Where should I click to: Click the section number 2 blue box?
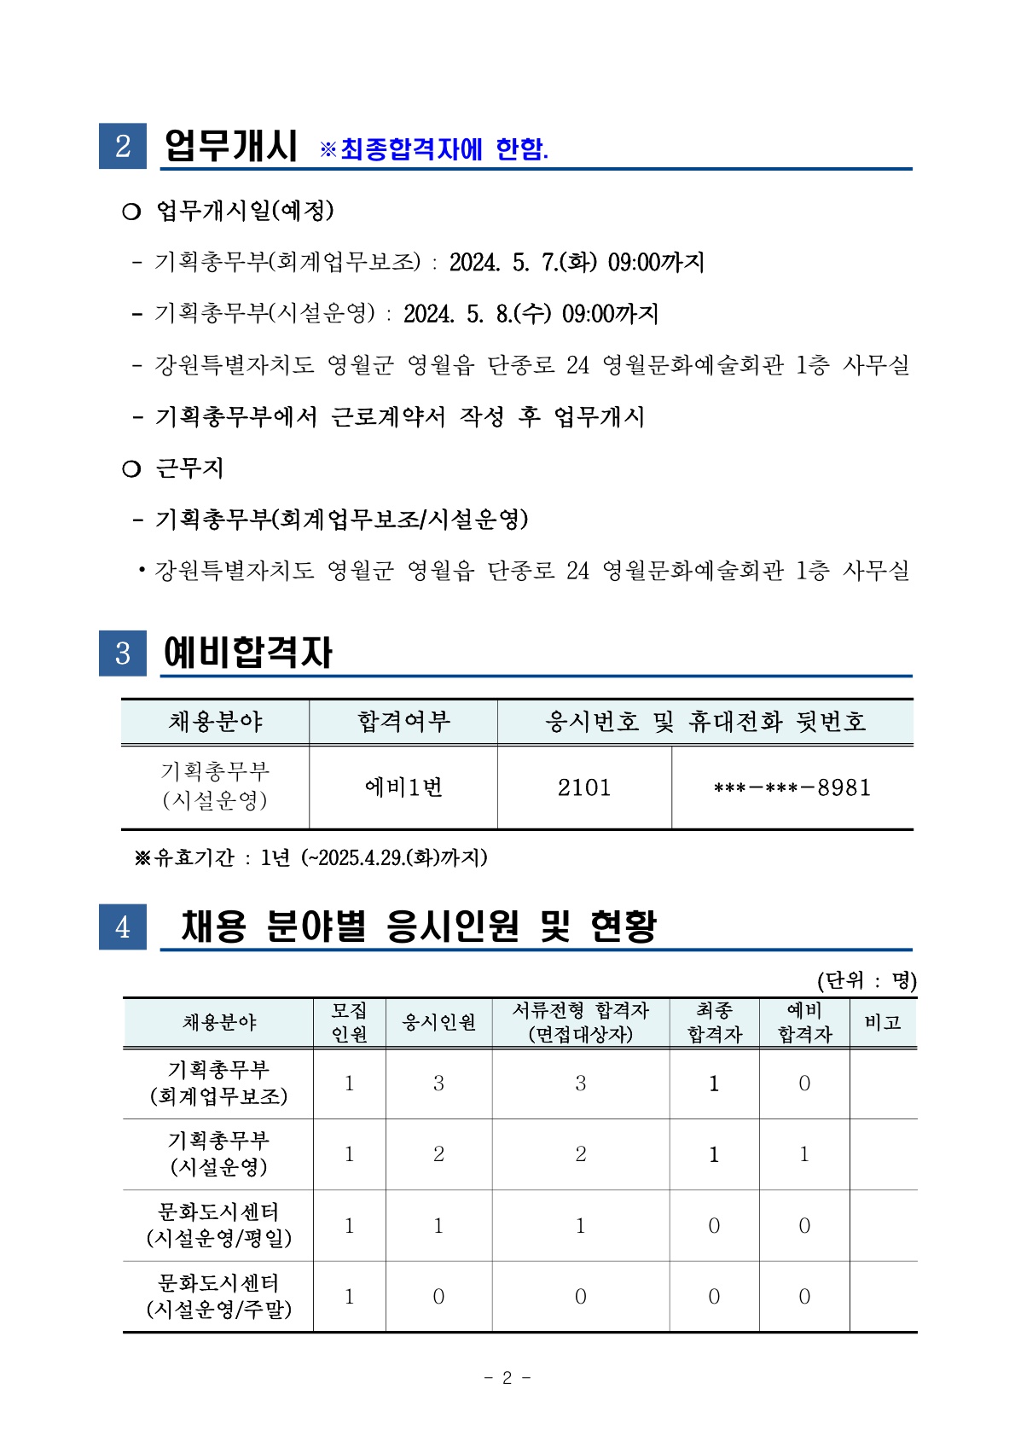click(x=123, y=146)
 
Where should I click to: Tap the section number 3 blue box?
click(x=123, y=653)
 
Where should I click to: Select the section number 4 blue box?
click(x=123, y=927)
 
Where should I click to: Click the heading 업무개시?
click(x=230, y=146)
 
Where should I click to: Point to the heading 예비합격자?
click(x=247, y=653)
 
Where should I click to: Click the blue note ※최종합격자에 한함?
click(x=434, y=149)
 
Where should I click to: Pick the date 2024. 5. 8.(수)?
click(x=477, y=314)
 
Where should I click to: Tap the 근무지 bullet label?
click(x=189, y=468)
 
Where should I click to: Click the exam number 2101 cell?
click(x=584, y=787)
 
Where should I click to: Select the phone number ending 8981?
click(x=792, y=787)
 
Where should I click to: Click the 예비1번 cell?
click(x=403, y=787)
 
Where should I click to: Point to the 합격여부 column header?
click(x=403, y=722)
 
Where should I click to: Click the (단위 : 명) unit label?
click(x=867, y=980)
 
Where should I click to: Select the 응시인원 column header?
click(x=438, y=1022)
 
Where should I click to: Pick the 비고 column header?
click(x=883, y=1022)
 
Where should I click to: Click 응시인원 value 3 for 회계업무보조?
click(x=438, y=1084)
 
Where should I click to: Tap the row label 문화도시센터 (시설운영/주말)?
click(x=218, y=1296)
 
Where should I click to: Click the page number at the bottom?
click(x=507, y=1377)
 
